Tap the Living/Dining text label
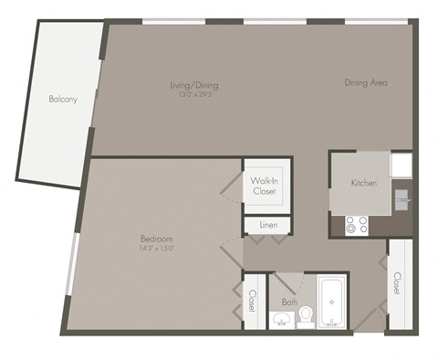point(194,86)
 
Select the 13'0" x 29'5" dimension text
point(194,94)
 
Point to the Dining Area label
point(366,83)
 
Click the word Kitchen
point(363,183)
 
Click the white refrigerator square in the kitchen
point(401,165)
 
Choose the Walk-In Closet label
point(266,186)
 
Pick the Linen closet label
point(267,225)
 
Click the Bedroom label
point(155,239)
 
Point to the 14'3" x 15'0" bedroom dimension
point(155,248)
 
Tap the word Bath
point(289,301)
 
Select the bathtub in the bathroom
point(330,305)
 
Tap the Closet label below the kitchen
point(397,282)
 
